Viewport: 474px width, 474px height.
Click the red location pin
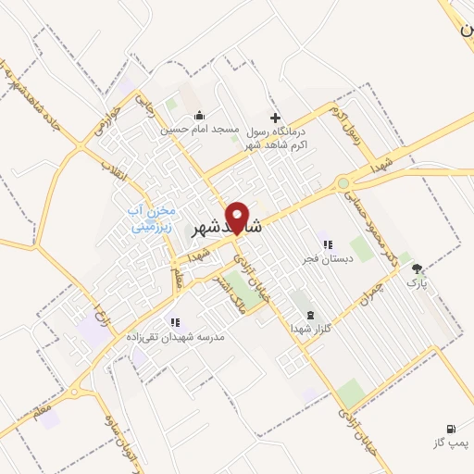click(237, 217)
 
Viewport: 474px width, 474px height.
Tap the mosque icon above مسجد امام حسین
click(199, 117)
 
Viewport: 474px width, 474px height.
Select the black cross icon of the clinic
click(274, 118)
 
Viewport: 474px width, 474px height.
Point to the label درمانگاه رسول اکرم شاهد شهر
click(273, 138)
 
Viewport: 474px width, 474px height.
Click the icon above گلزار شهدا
click(309, 315)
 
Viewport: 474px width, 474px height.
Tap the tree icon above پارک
click(418, 268)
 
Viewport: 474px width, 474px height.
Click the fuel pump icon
click(450, 429)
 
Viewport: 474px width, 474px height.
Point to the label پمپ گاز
click(450, 444)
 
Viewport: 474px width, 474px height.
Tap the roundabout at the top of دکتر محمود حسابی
click(344, 183)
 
